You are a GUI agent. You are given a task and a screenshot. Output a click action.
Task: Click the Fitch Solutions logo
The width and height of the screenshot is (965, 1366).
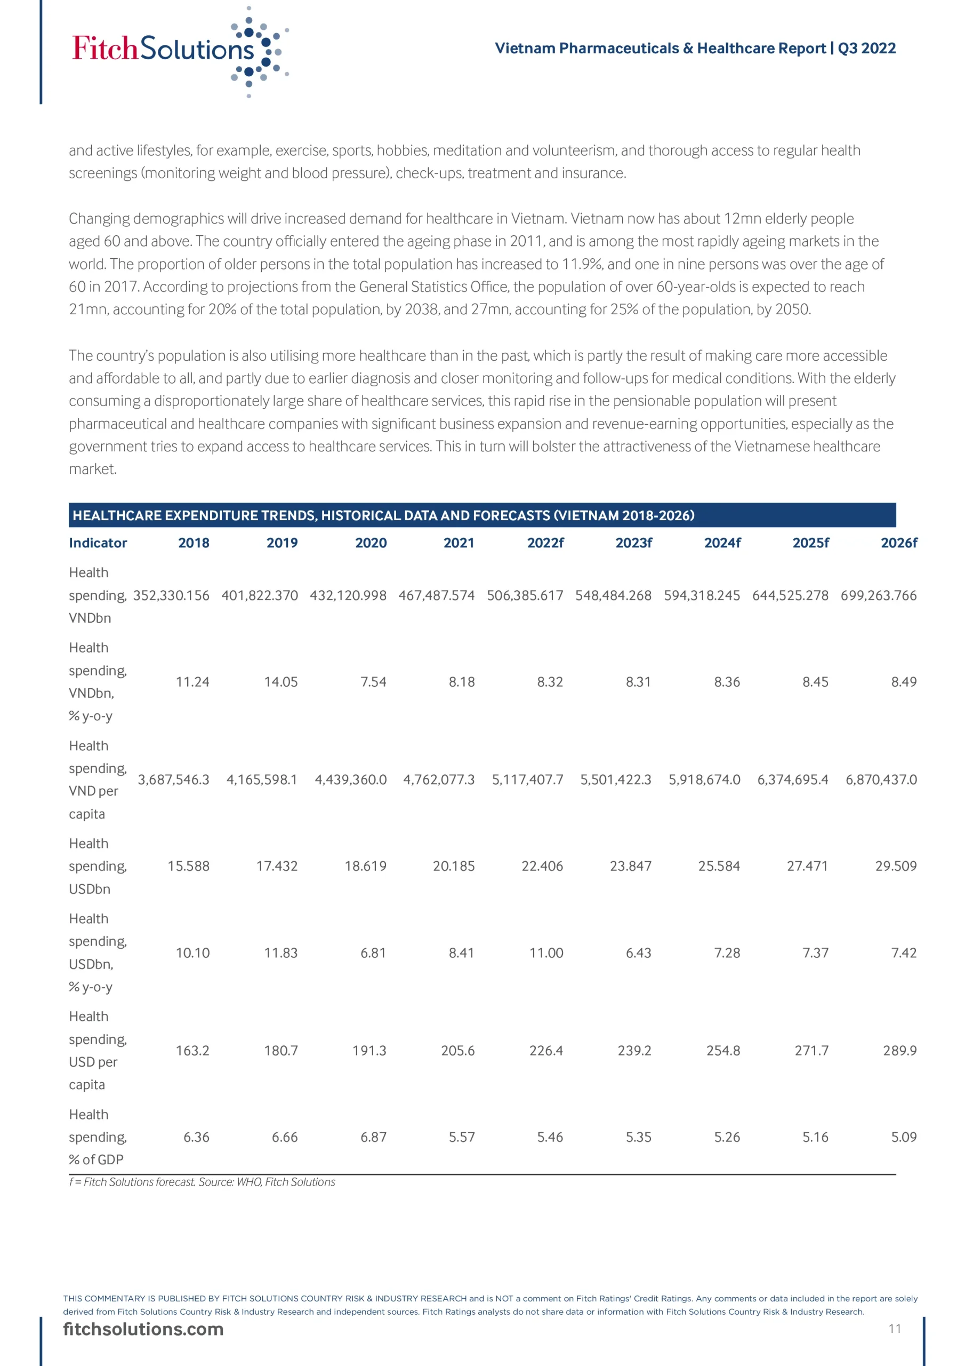179,51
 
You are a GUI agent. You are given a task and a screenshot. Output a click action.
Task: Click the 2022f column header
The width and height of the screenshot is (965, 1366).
545,543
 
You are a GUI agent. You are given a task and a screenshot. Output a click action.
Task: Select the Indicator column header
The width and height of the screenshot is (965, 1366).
98,543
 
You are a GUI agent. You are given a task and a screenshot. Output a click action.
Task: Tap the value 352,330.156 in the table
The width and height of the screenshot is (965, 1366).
171,595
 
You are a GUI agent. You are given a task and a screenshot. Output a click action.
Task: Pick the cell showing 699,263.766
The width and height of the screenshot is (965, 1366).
878,595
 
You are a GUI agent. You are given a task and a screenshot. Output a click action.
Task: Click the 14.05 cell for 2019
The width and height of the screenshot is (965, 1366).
280,682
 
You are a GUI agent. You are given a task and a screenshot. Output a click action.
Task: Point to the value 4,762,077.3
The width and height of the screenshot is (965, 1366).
439,780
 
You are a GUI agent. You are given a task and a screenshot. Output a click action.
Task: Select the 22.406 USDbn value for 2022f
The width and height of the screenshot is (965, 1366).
542,866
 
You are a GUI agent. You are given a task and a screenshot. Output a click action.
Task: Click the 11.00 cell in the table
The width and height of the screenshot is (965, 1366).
546,953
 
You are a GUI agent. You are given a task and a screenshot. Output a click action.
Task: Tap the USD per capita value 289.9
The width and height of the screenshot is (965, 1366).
899,1051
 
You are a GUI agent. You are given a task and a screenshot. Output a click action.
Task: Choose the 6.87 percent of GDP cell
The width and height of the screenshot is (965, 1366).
373,1137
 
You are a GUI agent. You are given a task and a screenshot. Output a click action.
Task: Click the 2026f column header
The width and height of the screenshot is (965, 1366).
898,543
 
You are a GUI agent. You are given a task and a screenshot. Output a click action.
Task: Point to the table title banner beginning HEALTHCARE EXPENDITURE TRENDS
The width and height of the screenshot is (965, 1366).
383,515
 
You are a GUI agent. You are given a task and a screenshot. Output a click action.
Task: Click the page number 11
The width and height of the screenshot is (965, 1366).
895,1329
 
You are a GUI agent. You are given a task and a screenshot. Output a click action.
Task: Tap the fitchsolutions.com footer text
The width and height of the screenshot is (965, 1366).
143,1329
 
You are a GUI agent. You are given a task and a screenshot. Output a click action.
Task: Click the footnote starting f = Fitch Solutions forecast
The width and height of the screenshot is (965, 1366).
202,1182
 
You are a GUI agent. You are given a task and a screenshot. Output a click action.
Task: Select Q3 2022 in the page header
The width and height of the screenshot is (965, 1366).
866,48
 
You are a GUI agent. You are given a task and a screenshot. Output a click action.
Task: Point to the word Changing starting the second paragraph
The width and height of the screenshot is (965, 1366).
99,219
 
